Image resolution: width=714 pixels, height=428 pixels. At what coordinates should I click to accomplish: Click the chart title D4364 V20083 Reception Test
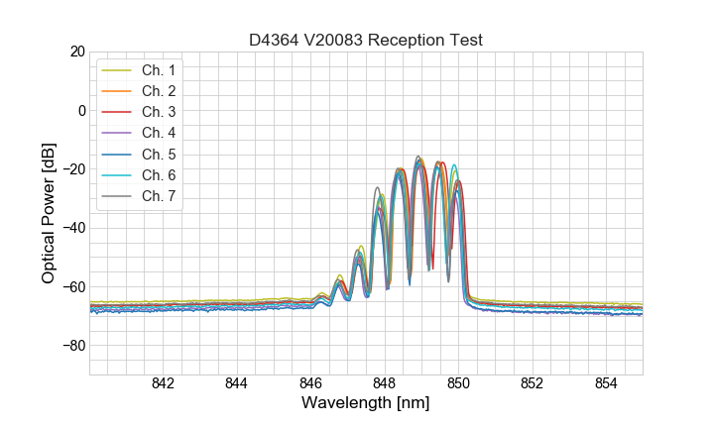click(x=365, y=41)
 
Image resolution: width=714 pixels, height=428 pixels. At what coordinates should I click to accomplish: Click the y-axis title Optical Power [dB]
click(x=49, y=213)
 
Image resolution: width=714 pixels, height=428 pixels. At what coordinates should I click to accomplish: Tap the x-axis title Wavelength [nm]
click(x=365, y=404)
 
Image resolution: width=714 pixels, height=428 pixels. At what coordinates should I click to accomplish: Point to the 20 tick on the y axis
click(x=76, y=52)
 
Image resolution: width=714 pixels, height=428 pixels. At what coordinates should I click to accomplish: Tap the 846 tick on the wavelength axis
click(x=310, y=384)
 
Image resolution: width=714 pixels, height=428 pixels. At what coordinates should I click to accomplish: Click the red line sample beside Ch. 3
click(x=117, y=112)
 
